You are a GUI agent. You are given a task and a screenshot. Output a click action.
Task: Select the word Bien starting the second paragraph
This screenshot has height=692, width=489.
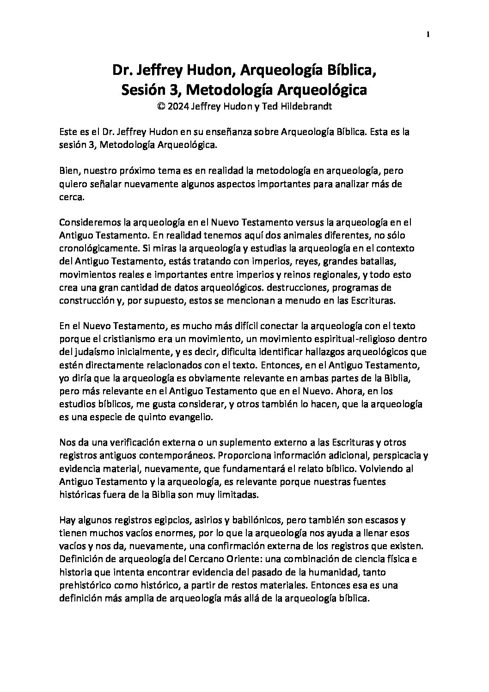[x=70, y=171]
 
